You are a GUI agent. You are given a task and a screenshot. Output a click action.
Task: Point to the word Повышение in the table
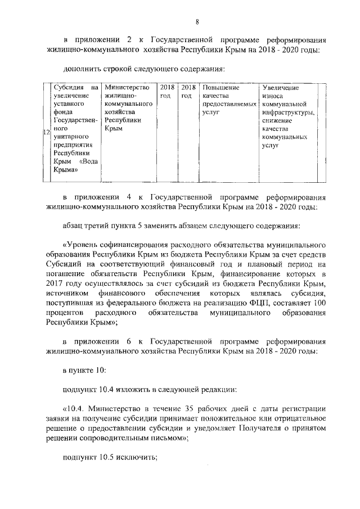(x=220, y=88)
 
